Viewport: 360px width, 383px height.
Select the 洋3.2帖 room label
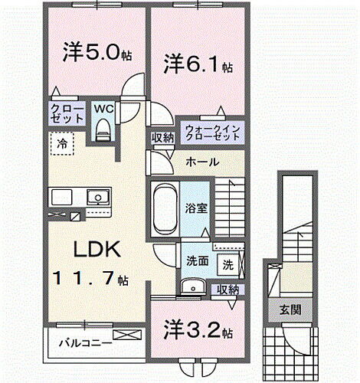[198, 331]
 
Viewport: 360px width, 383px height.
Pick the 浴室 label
[196, 206]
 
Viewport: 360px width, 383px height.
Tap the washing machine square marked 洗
[227, 264]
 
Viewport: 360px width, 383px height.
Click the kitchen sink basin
[97, 197]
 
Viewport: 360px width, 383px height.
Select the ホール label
[203, 162]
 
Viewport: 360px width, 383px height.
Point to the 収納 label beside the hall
[162, 138]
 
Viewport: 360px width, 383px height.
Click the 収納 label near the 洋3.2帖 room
[227, 290]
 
